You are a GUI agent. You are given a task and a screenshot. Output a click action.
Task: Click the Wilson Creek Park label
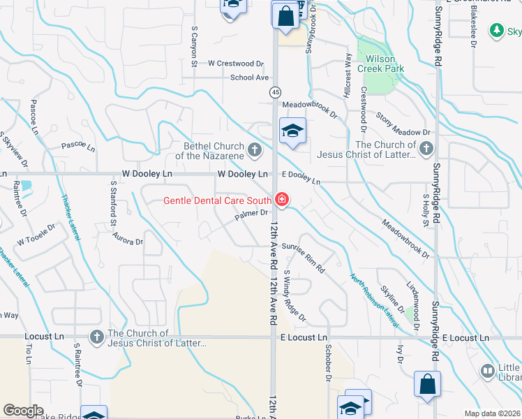[x=376, y=64]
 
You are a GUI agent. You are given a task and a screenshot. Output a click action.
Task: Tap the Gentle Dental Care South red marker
[x=281, y=200]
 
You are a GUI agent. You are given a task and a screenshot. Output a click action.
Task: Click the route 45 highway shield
[x=275, y=92]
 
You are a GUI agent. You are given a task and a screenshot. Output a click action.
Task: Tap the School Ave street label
[x=249, y=78]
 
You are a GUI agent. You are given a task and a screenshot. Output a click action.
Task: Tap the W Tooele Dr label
[x=35, y=239]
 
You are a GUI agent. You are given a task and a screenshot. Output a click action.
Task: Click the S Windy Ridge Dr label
[x=294, y=296]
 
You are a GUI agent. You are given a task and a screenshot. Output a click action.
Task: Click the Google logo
[x=23, y=411]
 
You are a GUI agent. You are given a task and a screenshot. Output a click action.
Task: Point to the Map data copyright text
[x=492, y=413]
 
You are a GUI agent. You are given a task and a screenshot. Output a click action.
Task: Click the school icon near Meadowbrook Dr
[x=293, y=131]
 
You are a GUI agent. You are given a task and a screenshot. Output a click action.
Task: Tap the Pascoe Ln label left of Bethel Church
[x=77, y=146]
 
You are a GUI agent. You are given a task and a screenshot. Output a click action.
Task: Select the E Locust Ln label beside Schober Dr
[x=304, y=337]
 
